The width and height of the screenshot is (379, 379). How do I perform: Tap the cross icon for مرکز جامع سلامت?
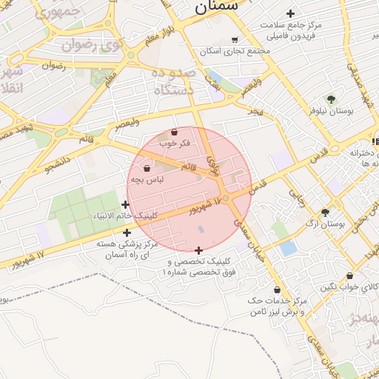290,13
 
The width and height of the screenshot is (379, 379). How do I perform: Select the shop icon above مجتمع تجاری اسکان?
235,40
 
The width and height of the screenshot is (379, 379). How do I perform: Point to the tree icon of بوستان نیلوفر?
330,99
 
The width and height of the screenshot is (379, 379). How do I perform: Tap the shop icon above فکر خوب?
174,132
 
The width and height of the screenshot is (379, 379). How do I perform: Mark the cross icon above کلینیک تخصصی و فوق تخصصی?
198,250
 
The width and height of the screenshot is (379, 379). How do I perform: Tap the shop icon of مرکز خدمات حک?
277,289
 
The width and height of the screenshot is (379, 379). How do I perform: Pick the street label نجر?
256,110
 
